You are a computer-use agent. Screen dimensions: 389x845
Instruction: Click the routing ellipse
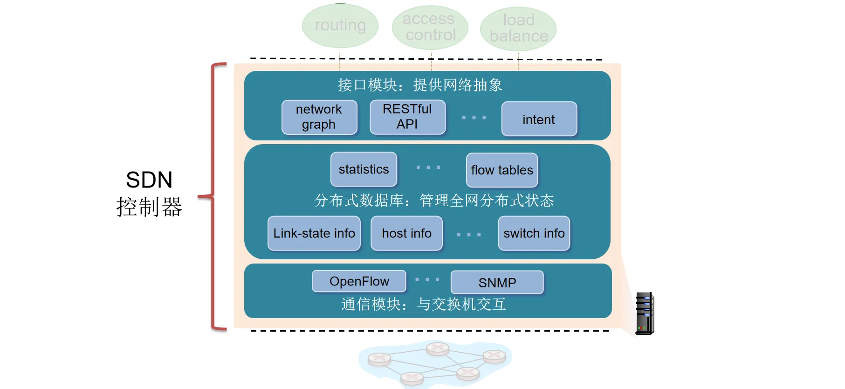[x=340, y=26]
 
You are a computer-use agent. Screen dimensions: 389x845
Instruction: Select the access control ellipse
[x=430, y=27]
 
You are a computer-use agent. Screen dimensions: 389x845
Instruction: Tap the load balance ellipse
[x=518, y=28]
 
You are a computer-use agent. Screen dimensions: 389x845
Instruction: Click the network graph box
[x=319, y=117]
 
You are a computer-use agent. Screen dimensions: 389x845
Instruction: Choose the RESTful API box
[x=407, y=117]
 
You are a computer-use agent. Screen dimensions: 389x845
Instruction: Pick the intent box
[x=539, y=119]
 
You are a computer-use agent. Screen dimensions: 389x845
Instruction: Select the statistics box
[x=364, y=169]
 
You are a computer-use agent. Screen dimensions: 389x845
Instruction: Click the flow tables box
[x=502, y=170]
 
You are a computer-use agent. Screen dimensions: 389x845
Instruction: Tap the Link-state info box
[x=314, y=233]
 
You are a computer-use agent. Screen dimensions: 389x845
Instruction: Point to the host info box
[x=406, y=233]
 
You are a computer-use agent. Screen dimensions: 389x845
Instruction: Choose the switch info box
[x=534, y=233]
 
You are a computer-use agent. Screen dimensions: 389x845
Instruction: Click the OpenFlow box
[x=359, y=281]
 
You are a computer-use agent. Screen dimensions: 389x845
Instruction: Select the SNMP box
[x=497, y=283]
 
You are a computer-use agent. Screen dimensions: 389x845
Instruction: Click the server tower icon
[x=645, y=313]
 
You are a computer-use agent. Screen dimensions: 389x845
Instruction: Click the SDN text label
[x=149, y=180]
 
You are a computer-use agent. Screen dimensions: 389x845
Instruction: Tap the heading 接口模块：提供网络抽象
[x=420, y=85]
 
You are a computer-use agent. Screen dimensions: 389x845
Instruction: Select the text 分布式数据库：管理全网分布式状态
[x=434, y=201]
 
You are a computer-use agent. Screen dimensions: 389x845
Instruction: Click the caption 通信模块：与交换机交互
[x=423, y=304]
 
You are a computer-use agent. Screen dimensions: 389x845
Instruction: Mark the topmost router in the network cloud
[x=438, y=348]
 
